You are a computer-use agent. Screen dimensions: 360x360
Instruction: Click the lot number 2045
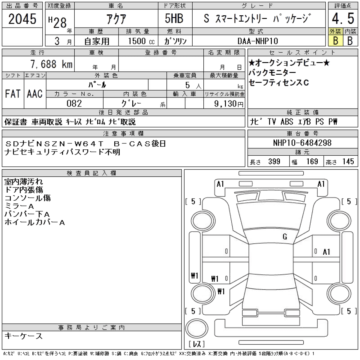click(x=22, y=19)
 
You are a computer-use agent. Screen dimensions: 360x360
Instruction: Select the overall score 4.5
click(x=343, y=19)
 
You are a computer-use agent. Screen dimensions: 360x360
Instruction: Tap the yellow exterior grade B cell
click(x=335, y=40)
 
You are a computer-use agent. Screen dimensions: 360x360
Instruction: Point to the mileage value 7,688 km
click(x=51, y=64)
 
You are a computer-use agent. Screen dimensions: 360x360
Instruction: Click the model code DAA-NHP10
click(x=258, y=41)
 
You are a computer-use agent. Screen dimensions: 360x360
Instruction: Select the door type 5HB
click(x=174, y=19)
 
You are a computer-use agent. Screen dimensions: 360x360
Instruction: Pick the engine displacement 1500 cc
click(x=141, y=41)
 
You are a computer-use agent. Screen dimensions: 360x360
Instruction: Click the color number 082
click(x=74, y=103)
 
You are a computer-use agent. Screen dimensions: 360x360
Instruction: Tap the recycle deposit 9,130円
click(x=229, y=103)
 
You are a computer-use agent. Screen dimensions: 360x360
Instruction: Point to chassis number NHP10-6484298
click(x=302, y=143)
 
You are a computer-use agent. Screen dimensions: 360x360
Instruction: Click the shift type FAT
click(x=13, y=94)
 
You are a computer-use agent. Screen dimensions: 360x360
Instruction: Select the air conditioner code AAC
click(x=35, y=94)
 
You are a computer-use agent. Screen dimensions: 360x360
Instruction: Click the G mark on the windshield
click(x=285, y=237)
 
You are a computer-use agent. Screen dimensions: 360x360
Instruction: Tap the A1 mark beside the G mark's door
click(x=327, y=252)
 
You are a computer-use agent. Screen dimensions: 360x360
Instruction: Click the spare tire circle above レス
click(x=197, y=328)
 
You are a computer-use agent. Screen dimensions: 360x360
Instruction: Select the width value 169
click(x=312, y=161)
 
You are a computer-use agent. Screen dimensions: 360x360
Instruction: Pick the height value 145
click(x=348, y=161)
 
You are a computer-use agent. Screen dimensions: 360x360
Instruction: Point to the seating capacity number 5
click(x=187, y=85)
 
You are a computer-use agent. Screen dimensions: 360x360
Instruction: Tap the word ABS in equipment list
click(x=287, y=122)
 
